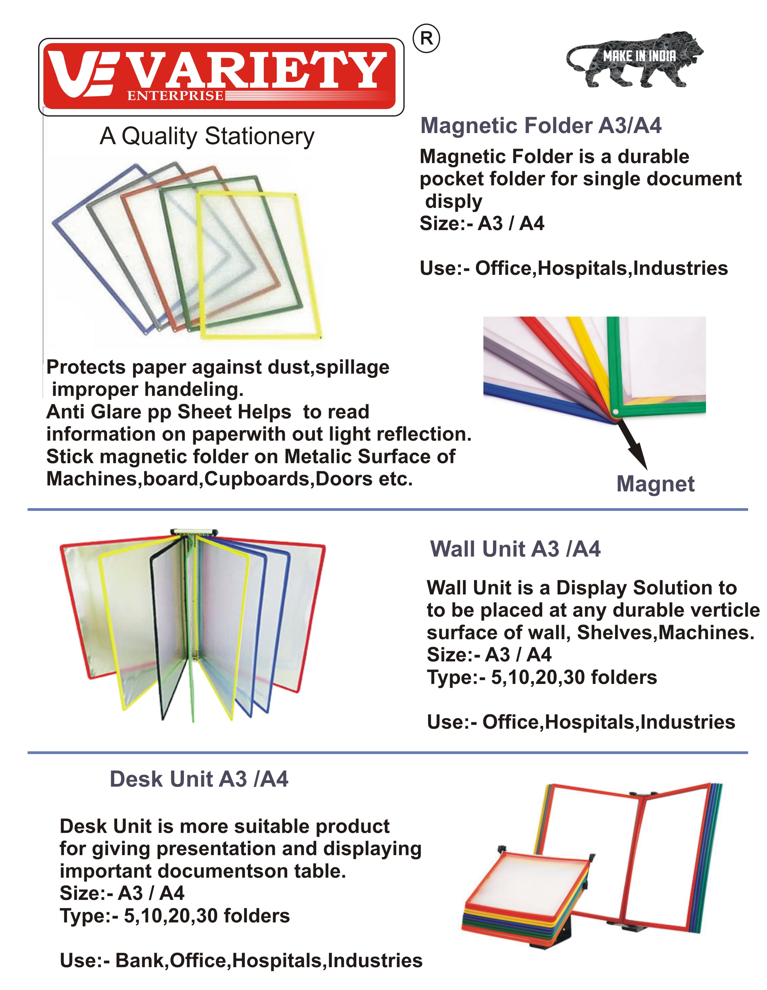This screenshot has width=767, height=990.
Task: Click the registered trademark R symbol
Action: coord(426,39)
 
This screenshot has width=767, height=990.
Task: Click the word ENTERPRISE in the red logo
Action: coord(175,96)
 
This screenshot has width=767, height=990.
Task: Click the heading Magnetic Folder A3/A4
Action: coord(541,126)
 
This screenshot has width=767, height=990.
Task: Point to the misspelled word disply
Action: coord(454,201)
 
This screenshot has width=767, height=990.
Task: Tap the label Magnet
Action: coord(656,484)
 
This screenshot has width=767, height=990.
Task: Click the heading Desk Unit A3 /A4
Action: coord(199,779)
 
